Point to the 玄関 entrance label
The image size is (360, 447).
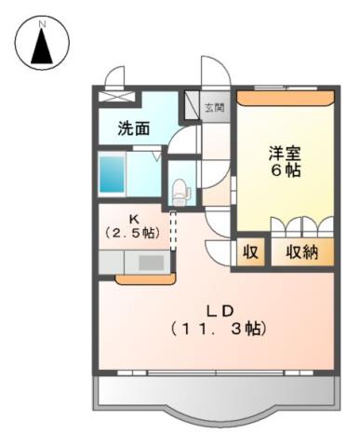(215, 107)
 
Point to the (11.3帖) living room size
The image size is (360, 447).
(218, 329)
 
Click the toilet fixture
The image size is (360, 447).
(180, 192)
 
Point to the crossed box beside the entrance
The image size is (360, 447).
(193, 102)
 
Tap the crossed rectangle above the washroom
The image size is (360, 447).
(117, 94)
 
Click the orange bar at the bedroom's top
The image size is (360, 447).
(285, 96)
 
